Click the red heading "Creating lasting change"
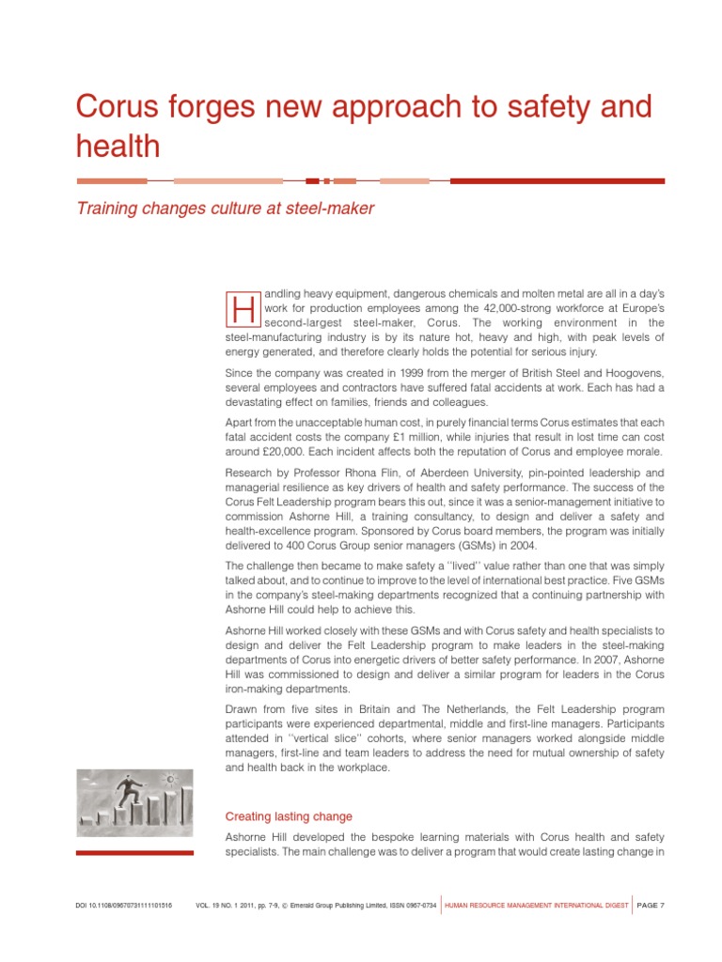(x=289, y=816)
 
